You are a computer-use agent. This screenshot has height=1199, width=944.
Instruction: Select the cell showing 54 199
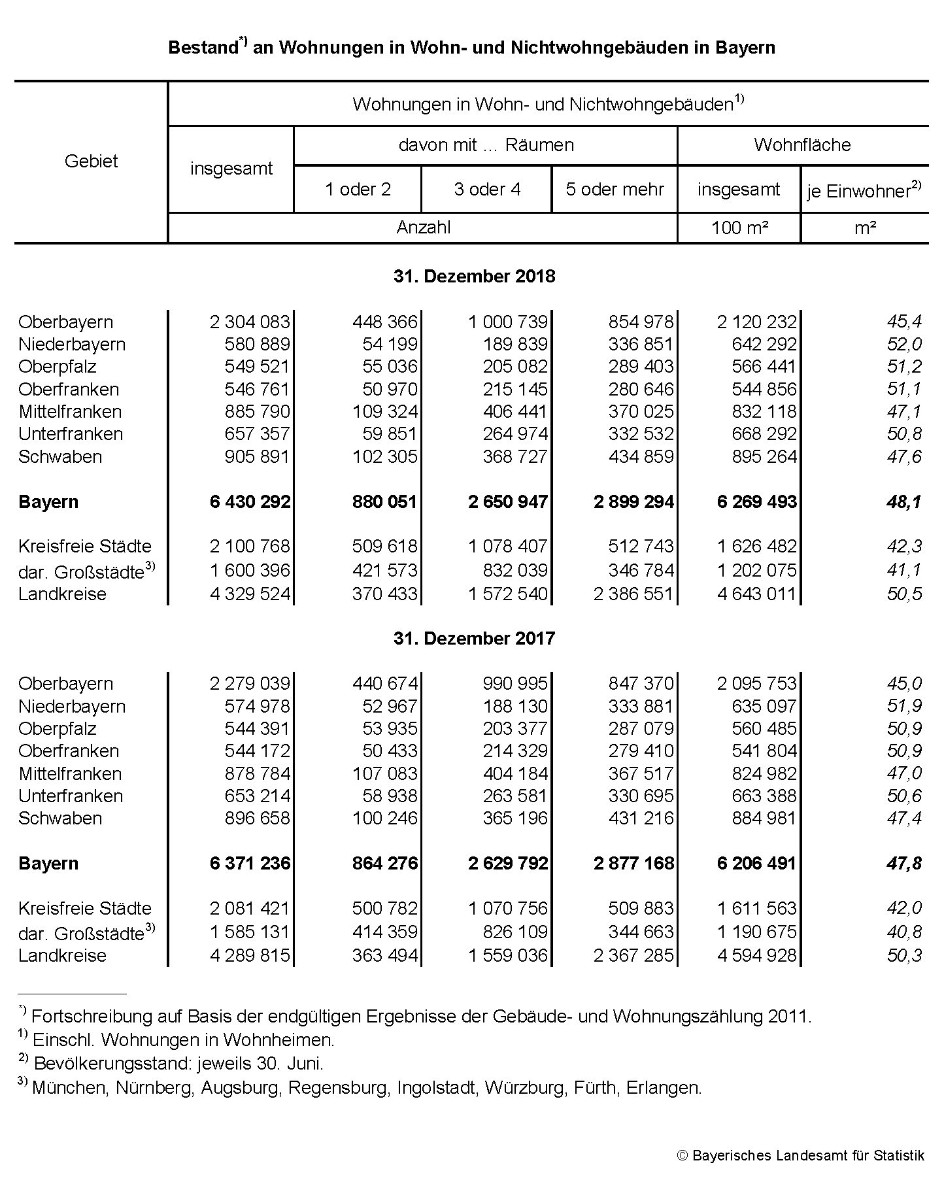pyautogui.click(x=390, y=344)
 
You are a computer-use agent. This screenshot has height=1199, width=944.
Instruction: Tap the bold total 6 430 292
pyautogui.click(x=250, y=501)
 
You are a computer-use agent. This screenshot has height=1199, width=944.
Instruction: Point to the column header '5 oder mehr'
pyautogui.click(x=615, y=189)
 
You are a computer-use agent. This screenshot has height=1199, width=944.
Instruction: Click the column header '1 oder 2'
pyautogui.click(x=358, y=189)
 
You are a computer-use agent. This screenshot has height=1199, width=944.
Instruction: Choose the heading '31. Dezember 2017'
pyautogui.click(x=474, y=638)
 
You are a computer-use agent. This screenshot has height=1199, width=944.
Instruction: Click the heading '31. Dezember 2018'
pyautogui.click(x=474, y=276)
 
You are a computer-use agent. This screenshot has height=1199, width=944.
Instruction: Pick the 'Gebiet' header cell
pyautogui.click(x=91, y=161)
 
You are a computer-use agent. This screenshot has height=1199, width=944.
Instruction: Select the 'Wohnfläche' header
pyautogui.click(x=802, y=144)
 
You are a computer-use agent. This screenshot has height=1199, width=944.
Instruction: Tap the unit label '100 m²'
pyautogui.click(x=739, y=228)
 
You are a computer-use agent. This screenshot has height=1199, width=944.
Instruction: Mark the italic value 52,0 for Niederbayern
pyautogui.click(x=904, y=344)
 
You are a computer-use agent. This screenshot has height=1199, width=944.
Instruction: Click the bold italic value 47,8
pyautogui.click(x=904, y=863)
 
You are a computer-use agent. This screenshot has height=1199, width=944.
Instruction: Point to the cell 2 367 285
pyautogui.click(x=633, y=955)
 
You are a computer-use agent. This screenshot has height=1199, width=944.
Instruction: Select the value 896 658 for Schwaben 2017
pyautogui.click(x=257, y=818)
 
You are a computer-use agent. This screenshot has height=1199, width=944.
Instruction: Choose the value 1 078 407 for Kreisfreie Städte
pyautogui.click(x=507, y=546)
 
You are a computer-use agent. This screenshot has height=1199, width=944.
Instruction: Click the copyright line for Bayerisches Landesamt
pyautogui.click(x=801, y=1155)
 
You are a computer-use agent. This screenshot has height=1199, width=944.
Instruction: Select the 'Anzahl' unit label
pyautogui.click(x=423, y=228)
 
